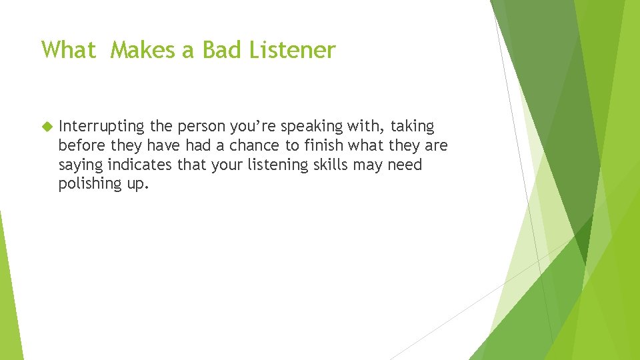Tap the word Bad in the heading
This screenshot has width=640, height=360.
coord(223,50)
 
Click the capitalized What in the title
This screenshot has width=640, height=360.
coord(69,50)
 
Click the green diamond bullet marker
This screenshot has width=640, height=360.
coord(46,126)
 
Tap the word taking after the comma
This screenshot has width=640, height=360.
coord(412,127)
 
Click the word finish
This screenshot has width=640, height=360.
coord(322,145)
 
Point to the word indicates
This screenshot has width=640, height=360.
coord(139,165)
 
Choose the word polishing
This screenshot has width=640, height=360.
coord(87,185)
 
